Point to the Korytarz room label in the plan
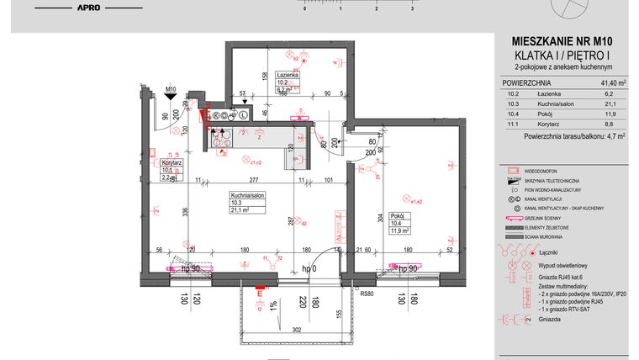coord(172,160)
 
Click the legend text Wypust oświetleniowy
coord(562,263)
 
